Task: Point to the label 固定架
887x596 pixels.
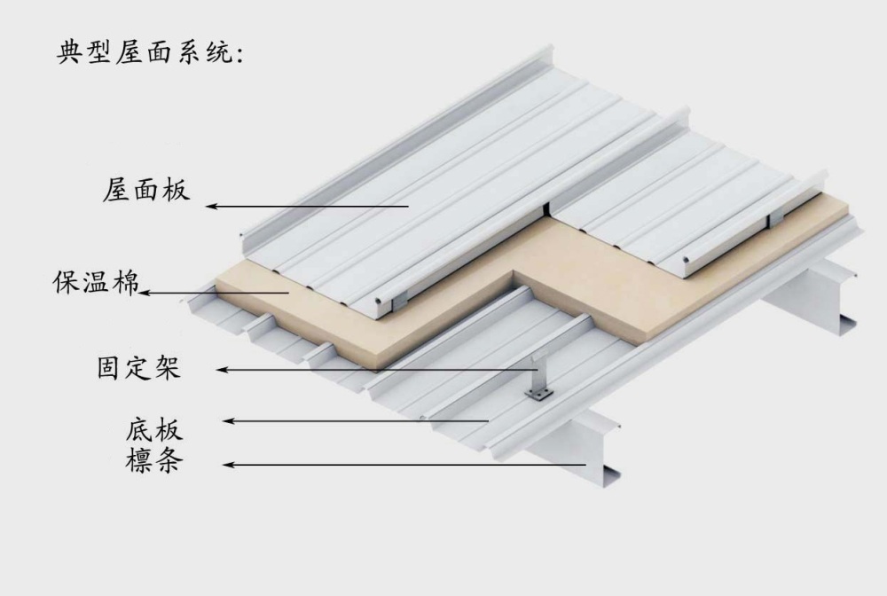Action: coord(139,366)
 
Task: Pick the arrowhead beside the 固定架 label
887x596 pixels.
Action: coord(224,369)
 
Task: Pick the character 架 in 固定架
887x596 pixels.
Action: coord(168,366)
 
